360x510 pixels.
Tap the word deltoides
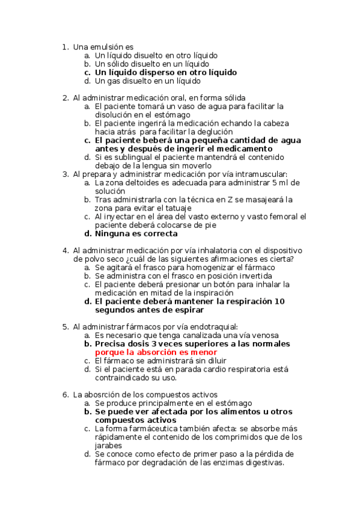[x=142, y=183]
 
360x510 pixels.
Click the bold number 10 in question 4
[x=279, y=301]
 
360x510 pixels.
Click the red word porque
[x=112, y=352]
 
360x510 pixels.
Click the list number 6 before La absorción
[x=65, y=395]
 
